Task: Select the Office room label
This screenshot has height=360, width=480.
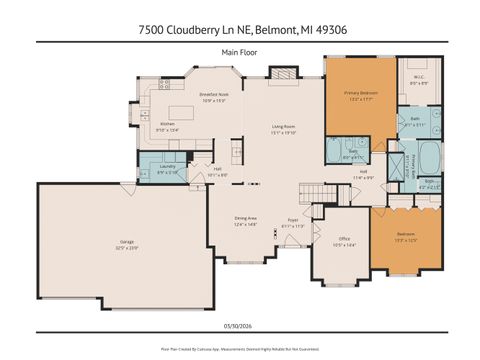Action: tap(343, 238)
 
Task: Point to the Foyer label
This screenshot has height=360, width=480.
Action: tap(294, 219)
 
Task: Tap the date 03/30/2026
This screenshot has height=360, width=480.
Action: tap(240, 323)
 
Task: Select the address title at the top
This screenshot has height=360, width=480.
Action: tap(240, 31)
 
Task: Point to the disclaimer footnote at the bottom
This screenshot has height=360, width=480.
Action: tap(240, 348)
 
